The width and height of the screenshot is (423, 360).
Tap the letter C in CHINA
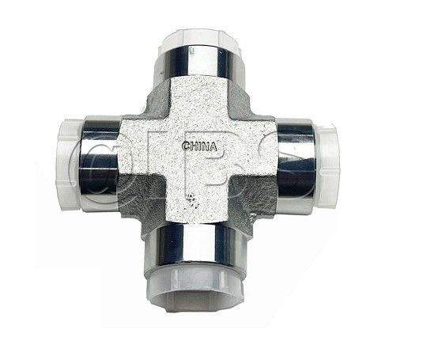click(185, 146)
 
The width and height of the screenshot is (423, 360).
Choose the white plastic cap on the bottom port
click(194, 285)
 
